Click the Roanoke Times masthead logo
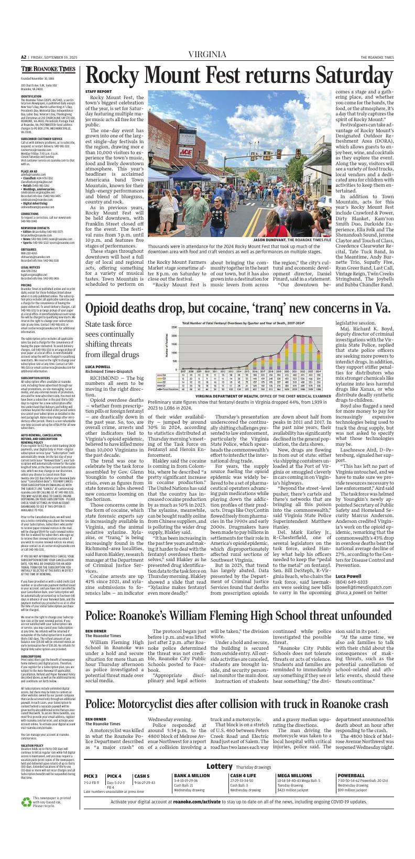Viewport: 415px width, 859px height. pyautogui.click(x=48, y=69)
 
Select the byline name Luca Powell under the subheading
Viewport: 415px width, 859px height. pyautogui.click(x=98, y=381)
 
